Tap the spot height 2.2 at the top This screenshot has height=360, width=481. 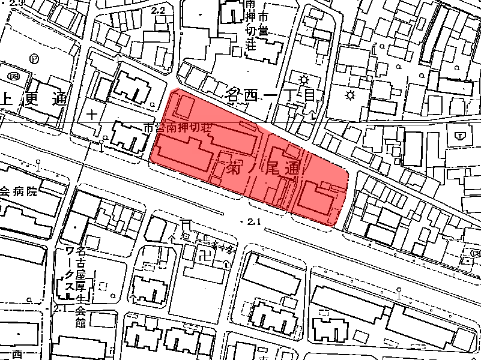coord(159,10)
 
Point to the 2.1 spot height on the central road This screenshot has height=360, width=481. coord(253,222)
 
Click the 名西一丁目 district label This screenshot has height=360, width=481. coord(270,94)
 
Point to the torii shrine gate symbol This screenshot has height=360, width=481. coord(186,224)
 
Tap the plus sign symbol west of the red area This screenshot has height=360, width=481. coord(92,113)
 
